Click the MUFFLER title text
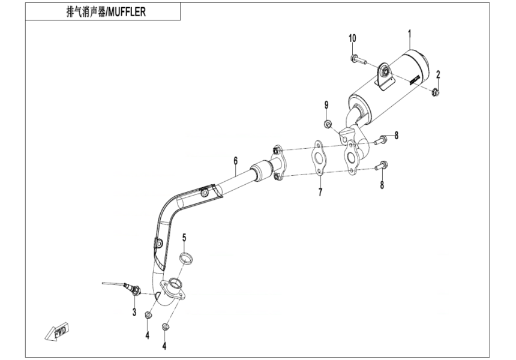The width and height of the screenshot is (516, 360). tap(106, 12)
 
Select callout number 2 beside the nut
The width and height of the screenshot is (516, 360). tap(438, 74)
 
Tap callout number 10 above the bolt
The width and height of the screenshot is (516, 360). tap(352, 38)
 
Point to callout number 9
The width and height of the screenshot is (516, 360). tap(327, 106)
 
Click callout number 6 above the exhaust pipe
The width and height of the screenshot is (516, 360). tap(236, 160)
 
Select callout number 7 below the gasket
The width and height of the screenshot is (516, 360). tap(320, 193)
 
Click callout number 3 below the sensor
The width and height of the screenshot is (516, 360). tap(134, 312)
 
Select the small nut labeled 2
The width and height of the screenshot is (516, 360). tap(435, 91)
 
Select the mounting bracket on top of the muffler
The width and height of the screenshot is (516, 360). tap(382, 76)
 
